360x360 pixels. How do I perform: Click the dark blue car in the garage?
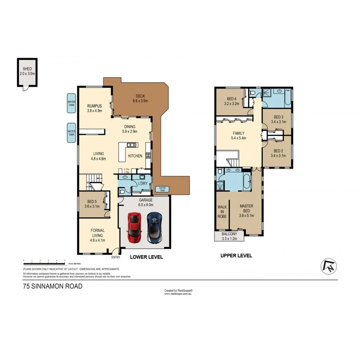[x=154, y=227]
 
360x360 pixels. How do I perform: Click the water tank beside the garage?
[x=162, y=189]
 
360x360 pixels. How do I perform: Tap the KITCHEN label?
[x=135, y=156]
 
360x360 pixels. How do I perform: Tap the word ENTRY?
[x=116, y=257]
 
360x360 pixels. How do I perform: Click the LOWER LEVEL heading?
[x=146, y=257]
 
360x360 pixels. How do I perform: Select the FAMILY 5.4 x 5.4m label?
[x=238, y=136]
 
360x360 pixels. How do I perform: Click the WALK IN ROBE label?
[x=222, y=212]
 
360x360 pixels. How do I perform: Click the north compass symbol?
[x=329, y=266]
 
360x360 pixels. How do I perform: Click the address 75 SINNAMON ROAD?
[x=52, y=286]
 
